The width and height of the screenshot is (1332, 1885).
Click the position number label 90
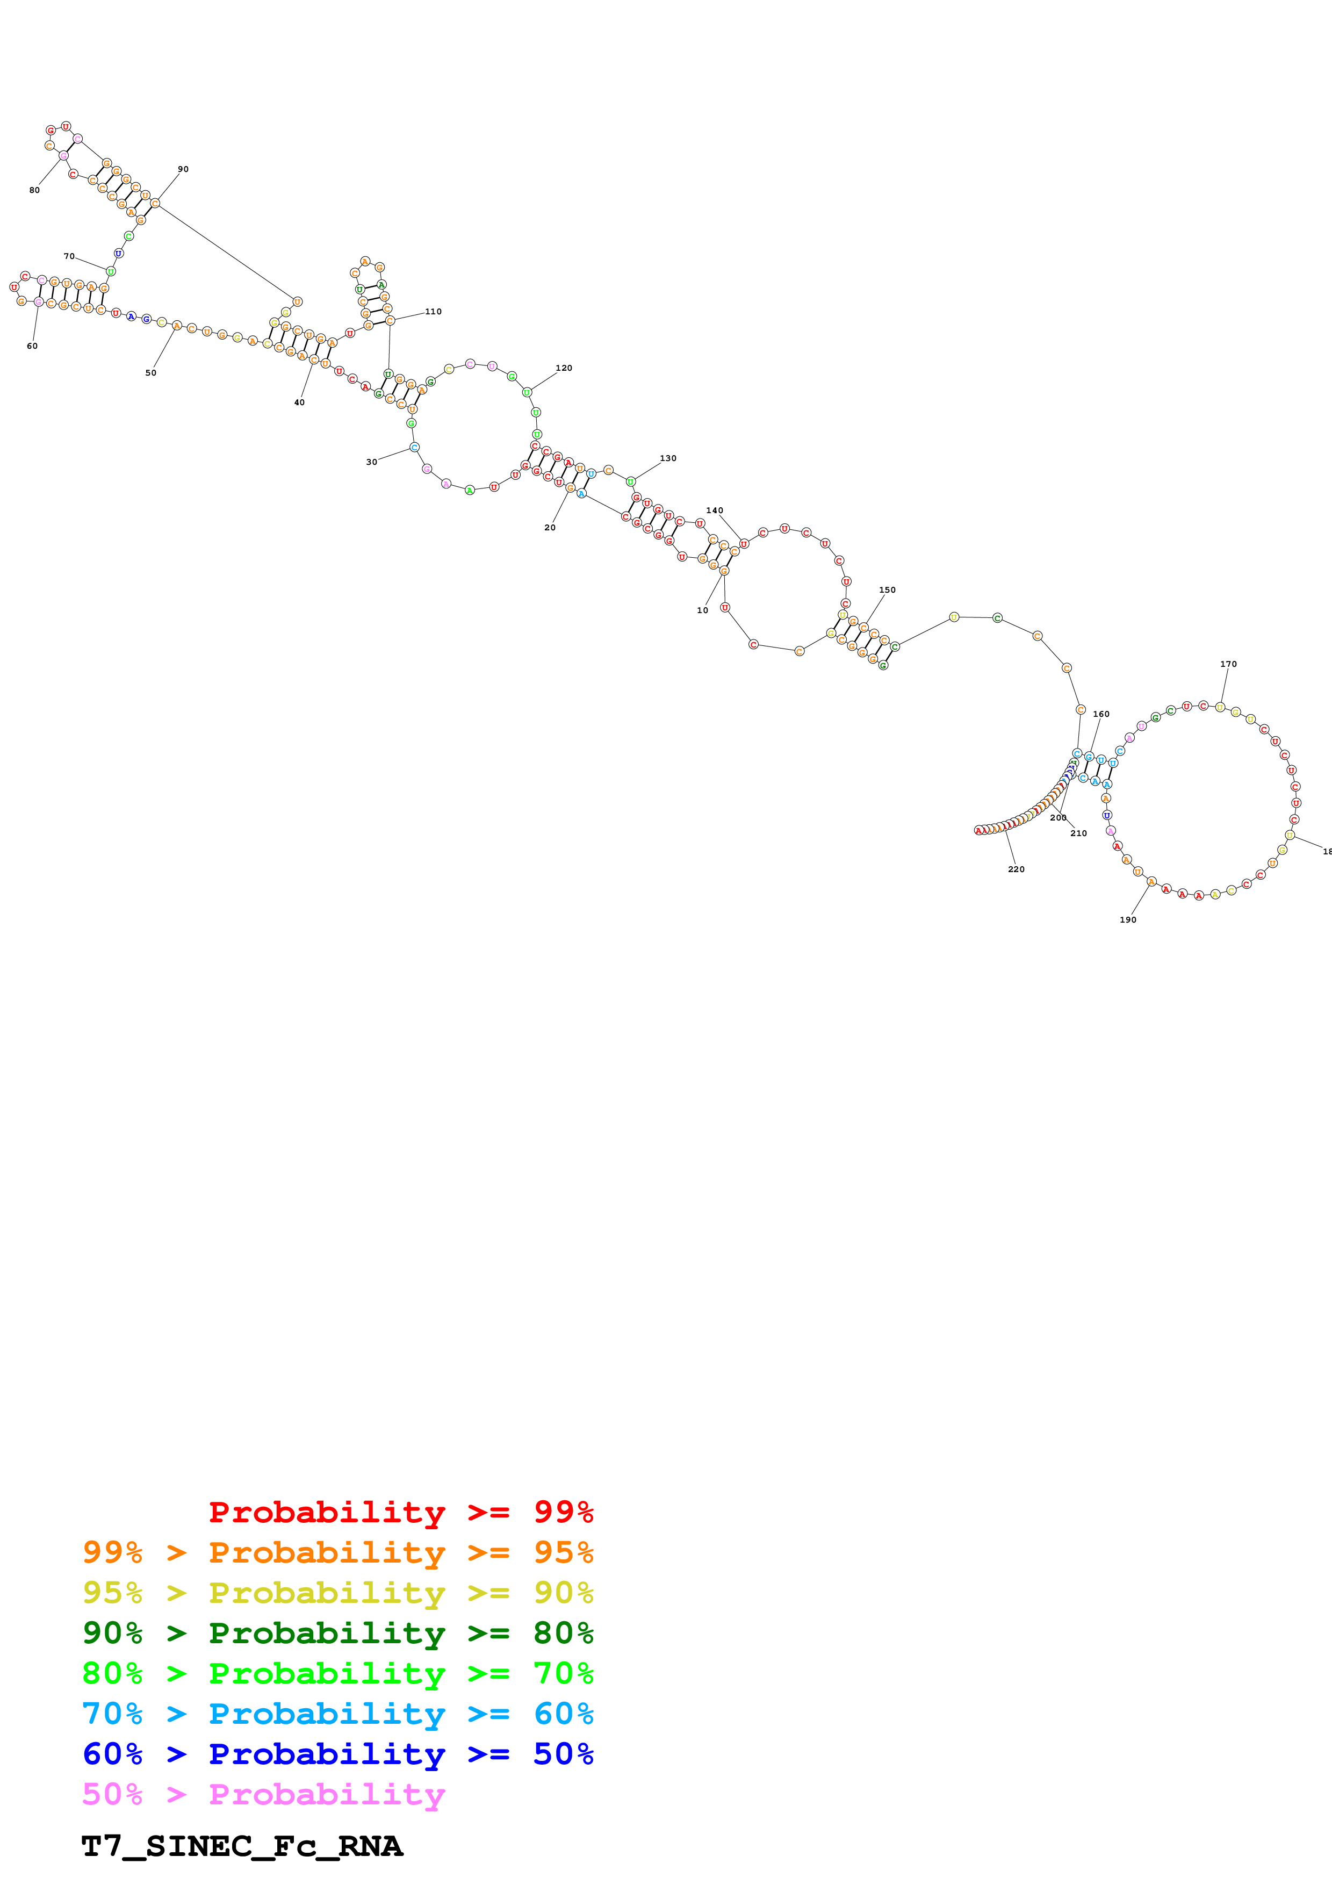[x=183, y=169]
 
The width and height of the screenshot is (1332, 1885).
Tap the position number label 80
[x=34, y=190]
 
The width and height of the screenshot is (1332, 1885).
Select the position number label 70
[x=69, y=256]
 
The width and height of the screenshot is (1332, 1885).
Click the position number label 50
[x=151, y=373]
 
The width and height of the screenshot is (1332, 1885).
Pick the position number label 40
[x=300, y=402]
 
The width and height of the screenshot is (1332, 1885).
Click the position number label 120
[x=564, y=368]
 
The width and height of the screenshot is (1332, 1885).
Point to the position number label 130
[x=668, y=458]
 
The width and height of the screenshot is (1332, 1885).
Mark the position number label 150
[x=887, y=589]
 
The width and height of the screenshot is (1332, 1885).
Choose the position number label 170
[x=1229, y=664]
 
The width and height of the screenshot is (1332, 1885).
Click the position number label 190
[x=1128, y=919]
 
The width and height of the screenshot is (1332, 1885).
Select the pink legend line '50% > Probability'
[x=263, y=1795]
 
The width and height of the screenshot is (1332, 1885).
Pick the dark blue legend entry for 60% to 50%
[x=337, y=1754]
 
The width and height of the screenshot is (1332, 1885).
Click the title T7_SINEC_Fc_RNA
[x=242, y=1846]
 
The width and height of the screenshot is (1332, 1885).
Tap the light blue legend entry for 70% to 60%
[x=337, y=1714]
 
